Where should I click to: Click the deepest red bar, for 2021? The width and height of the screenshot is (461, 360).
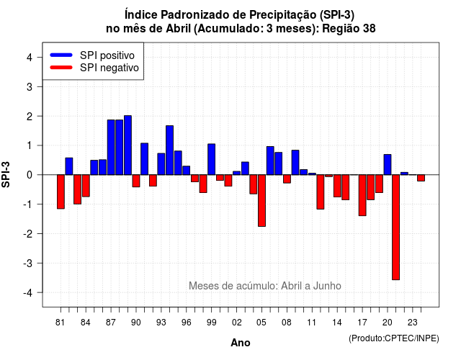coord(395,228)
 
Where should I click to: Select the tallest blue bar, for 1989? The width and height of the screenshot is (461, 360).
coord(127,145)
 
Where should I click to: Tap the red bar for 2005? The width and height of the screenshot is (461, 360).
coord(261,200)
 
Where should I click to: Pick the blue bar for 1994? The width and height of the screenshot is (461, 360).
coord(170,150)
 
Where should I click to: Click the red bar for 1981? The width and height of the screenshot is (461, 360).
coord(61,192)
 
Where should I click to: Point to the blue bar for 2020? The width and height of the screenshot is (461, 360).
coord(388,165)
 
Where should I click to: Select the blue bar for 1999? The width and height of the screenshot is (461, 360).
coord(211,159)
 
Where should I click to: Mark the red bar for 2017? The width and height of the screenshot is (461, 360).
coord(362,195)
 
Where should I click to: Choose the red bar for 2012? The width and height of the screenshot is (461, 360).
coord(321,192)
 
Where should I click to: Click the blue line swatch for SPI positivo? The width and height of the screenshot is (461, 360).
coord(61,55)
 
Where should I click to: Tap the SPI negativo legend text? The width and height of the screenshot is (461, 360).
coord(109,68)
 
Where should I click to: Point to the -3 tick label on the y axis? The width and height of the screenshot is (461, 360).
coord(29,263)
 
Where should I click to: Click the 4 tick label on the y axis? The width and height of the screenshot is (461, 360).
coord(30,58)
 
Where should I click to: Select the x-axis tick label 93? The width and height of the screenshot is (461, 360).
coord(161,323)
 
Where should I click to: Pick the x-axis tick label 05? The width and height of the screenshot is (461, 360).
coord(261,323)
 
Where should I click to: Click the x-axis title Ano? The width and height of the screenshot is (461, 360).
coord(241,343)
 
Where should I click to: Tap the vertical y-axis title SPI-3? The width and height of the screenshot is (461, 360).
coord(6,174)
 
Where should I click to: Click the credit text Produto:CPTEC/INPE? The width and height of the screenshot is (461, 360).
coord(394,338)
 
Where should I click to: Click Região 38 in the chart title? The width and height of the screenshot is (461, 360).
coord(349,29)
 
